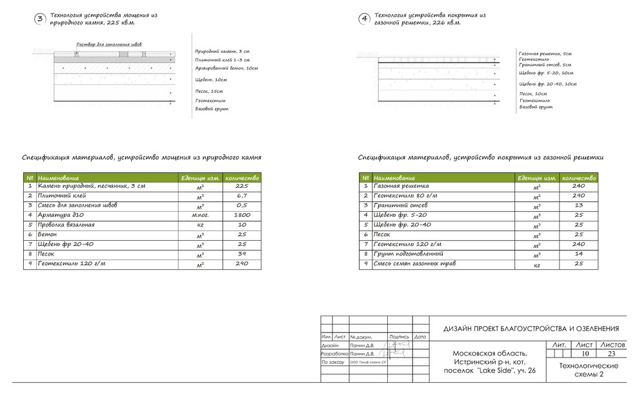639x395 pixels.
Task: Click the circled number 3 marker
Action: click(39, 19)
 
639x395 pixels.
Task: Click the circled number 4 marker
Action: click(365, 19)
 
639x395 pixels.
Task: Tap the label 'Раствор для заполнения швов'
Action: click(109, 45)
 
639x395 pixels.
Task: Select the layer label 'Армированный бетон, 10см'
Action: click(227, 68)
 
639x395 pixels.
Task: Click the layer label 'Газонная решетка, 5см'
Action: click(545, 54)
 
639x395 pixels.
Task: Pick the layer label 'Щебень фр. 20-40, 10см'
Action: click(547, 84)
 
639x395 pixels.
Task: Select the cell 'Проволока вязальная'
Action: click(66, 225)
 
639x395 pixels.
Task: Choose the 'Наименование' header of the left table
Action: click(59, 178)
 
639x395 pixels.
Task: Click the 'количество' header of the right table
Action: click(578, 178)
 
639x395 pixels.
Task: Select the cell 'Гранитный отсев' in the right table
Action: click(397, 205)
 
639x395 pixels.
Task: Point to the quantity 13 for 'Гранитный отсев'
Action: click(578, 205)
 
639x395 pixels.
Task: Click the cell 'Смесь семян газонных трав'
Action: click(411, 265)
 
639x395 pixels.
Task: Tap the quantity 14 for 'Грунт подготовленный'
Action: click(578, 254)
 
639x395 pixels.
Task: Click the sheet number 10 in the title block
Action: click(585, 354)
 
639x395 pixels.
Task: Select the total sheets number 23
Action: click(614, 354)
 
